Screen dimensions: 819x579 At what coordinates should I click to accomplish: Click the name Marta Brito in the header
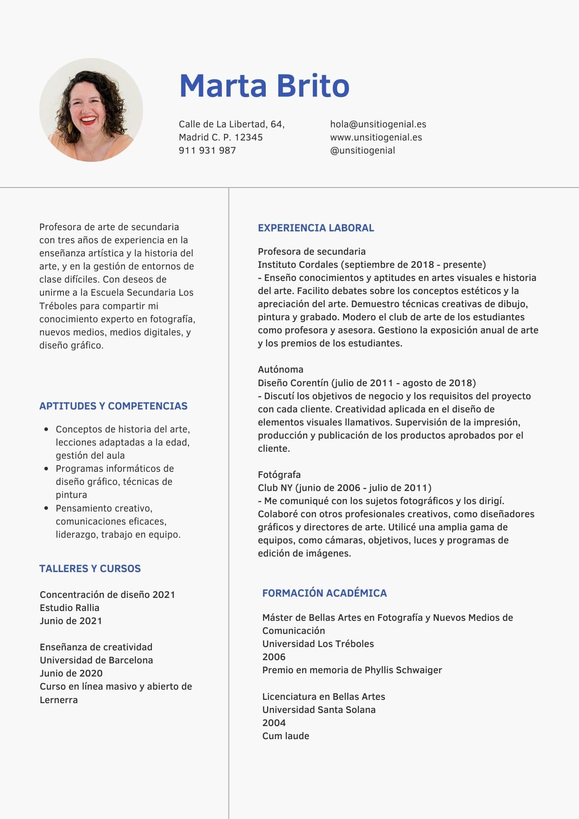click(264, 86)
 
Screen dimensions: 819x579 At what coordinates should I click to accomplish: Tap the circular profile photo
click(91, 110)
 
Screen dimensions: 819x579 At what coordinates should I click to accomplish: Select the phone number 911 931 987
click(207, 150)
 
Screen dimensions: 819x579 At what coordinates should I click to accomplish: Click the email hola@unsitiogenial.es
click(378, 124)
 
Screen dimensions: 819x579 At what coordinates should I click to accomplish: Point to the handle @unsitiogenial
click(362, 150)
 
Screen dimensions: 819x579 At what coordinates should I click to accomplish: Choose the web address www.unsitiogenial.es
click(376, 137)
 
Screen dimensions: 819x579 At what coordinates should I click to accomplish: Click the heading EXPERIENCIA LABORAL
click(316, 228)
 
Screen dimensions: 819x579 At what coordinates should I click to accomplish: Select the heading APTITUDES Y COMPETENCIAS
click(113, 406)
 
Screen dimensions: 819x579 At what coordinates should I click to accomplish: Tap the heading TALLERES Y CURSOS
click(90, 568)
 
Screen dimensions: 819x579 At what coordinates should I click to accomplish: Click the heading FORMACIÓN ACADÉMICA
click(324, 593)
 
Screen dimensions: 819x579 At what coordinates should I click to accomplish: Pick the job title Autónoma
click(280, 369)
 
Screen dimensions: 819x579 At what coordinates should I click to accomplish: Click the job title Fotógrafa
click(279, 475)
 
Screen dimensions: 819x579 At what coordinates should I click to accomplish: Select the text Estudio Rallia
click(70, 608)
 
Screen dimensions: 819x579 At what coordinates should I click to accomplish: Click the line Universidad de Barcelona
click(96, 660)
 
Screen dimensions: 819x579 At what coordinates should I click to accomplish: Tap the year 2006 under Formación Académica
click(274, 657)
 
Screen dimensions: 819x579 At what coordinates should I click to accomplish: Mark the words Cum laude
click(286, 736)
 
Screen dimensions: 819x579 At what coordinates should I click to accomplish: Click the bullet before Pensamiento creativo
click(46, 508)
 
